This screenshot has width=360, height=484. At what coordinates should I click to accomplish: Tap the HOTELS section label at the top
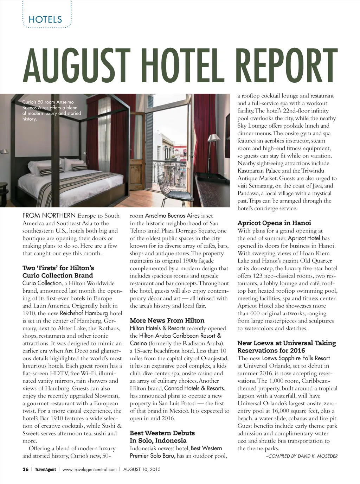point(45,20)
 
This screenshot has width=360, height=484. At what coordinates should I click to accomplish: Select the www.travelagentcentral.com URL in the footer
point(89,469)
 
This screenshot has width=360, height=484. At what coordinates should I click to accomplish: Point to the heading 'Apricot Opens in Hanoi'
point(274,223)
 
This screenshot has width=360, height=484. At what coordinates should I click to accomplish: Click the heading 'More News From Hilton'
point(167,320)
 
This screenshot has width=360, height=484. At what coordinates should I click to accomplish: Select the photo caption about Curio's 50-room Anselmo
point(51,110)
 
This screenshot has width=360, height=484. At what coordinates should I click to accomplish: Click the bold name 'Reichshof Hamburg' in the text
point(84,313)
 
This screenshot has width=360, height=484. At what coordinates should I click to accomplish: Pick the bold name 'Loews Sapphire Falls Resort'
point(296,358)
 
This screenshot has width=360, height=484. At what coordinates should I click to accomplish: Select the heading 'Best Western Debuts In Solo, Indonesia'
point(162,437)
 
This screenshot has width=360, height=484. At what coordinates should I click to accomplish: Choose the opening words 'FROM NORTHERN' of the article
point(49,216)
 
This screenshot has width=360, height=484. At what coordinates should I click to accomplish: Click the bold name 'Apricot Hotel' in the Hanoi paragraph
point(304,238)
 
